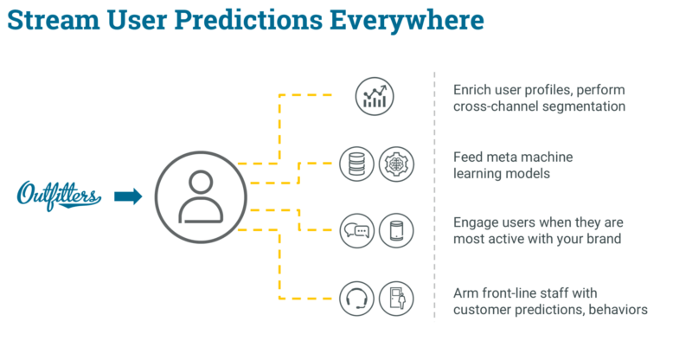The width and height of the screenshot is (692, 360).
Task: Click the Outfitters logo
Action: click(59, 196)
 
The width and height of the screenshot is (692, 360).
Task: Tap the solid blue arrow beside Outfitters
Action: click(128, 196)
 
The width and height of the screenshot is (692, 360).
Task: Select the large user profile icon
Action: click(201, 197)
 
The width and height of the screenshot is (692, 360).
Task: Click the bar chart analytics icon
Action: click(375, 96)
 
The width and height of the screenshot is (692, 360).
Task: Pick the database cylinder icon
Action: click(356, 164)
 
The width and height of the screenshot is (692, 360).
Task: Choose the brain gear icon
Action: click(396, 164)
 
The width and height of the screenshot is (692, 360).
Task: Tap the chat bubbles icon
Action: click(356, 230)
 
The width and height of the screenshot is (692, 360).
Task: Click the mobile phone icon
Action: click(396, 230)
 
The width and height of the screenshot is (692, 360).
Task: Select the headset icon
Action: click(356, 299)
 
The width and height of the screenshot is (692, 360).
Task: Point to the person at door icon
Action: click(396, 299)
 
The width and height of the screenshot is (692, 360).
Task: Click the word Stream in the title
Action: click(54, 20)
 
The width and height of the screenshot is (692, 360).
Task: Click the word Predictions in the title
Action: click(248, 20)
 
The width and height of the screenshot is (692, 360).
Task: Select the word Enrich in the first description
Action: click(471, 90)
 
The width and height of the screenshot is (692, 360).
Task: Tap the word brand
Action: click(604, 239)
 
